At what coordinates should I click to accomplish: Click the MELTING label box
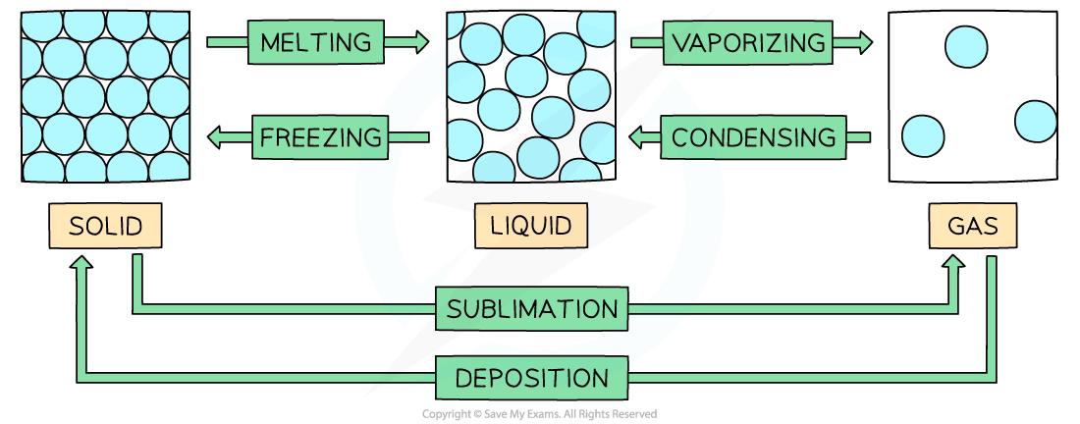[x=315, y=42]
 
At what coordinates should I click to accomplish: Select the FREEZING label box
[x=320, y=137]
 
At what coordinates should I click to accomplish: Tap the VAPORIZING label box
[x=746, y=42]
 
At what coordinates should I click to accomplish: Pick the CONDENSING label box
[x=754, y=137]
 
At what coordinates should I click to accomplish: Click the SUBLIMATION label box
[x=532, y=310]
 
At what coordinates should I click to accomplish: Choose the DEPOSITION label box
[x=531, y=378]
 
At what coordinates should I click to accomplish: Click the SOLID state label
[x=105, y=228]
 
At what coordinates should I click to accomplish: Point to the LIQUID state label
[x=531, y=227]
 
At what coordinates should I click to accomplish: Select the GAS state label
[x=972, y=228]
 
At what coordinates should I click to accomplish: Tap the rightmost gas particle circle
[x=1036, y=121]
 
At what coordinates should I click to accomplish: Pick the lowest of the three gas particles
[x=923, y=136]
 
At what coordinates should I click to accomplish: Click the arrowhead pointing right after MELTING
[x=421, y=42]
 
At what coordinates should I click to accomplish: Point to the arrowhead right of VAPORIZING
[x=863, y=42]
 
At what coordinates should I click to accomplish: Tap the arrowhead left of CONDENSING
[x=635, y=137]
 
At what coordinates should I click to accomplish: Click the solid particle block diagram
[x=105, y=94]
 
